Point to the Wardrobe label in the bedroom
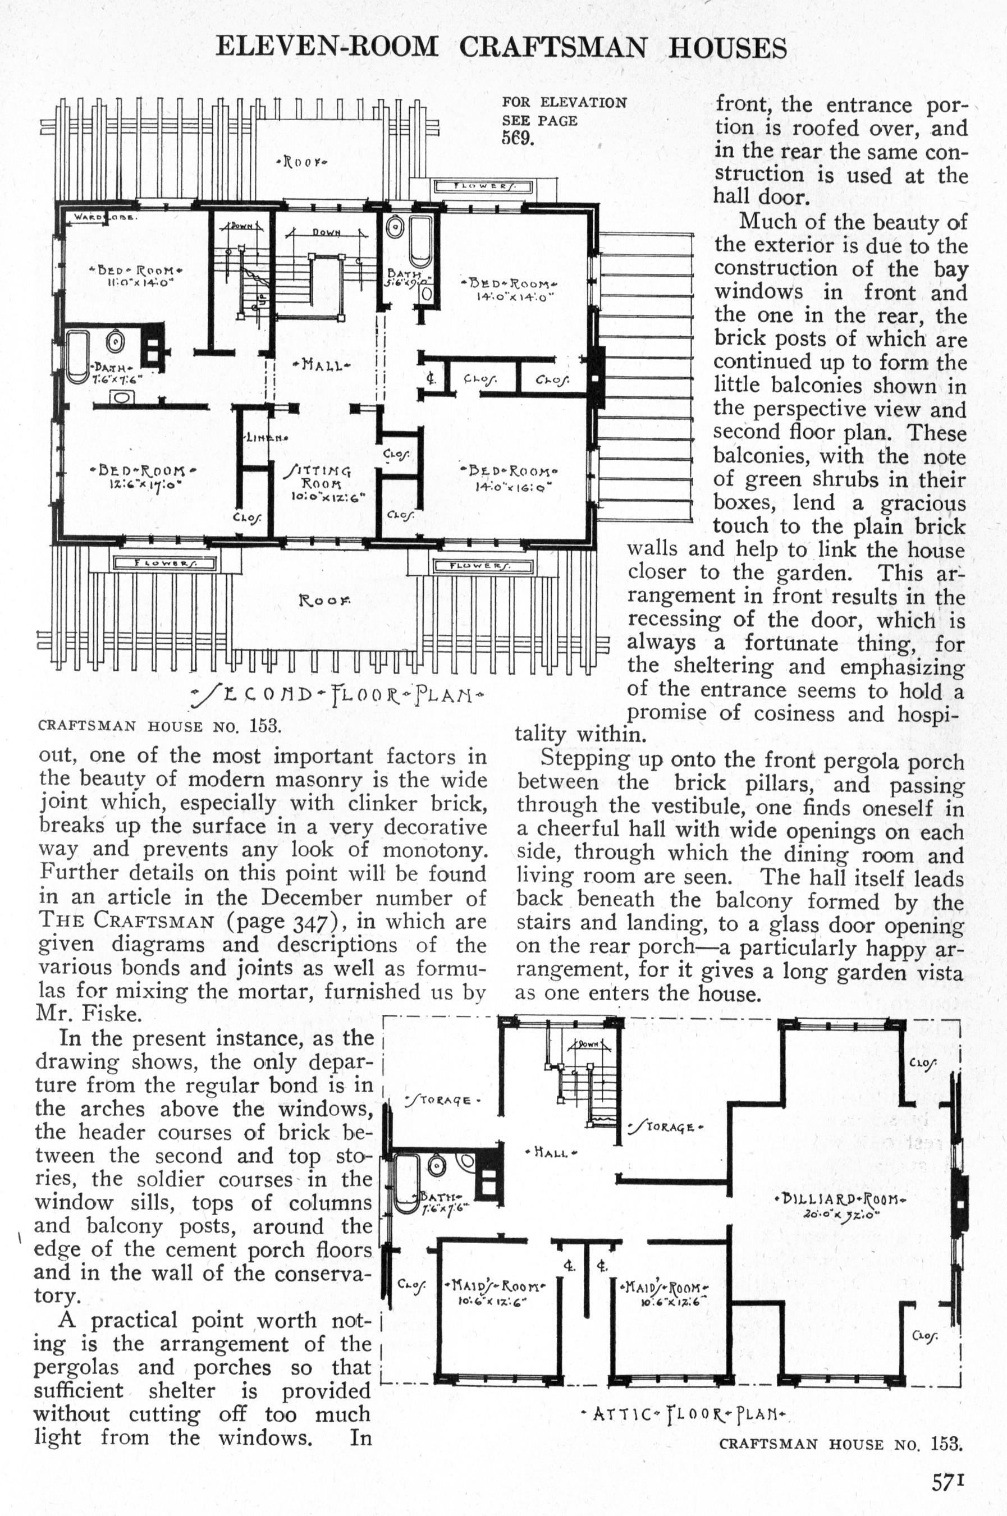(x=103, y=217)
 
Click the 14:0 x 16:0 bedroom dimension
(x=514, y=487)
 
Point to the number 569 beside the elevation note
(x=518, y=138)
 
